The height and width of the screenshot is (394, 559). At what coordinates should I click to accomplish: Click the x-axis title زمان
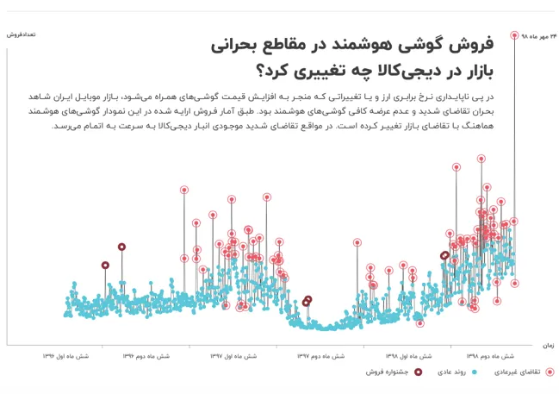[x=548, y=345]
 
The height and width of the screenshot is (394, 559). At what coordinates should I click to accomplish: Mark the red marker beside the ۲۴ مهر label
[x=515, y=36]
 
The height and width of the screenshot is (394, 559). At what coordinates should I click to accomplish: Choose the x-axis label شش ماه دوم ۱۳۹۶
[x=145, y=354]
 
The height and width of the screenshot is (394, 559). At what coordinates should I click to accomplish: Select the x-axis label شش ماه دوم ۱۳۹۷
[x=321, y=354]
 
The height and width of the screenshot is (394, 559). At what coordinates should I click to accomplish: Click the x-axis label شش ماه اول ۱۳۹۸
[x=407, y=354]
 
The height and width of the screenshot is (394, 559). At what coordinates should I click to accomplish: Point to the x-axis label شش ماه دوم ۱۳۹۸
[x=491, y=354]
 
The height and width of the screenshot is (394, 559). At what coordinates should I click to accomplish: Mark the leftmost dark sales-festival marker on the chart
[x=105, y=266]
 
